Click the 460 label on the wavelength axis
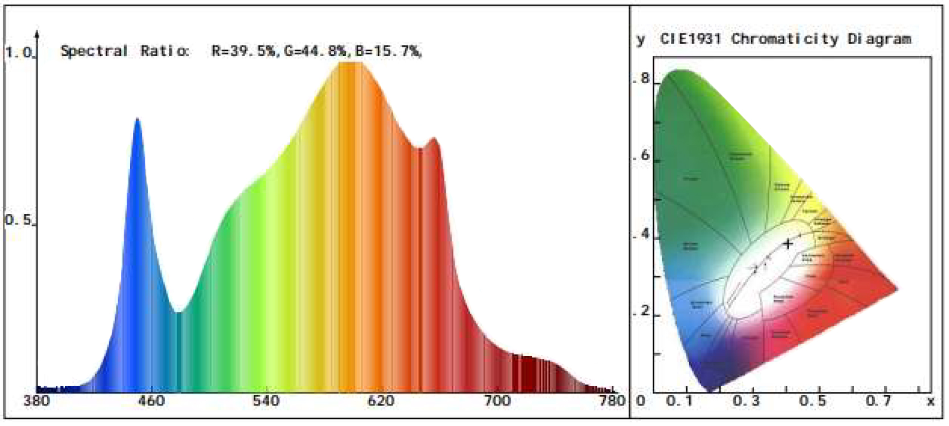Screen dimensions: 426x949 [150, 401]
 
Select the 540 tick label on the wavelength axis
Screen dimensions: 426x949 [266, 401]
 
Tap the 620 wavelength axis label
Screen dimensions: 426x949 [381, 401]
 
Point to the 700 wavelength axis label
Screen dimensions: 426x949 [496, 401]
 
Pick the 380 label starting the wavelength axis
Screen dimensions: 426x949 [36, 401]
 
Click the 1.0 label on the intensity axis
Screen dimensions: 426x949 [19, 53]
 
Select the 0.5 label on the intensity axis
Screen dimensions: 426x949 [18, 220]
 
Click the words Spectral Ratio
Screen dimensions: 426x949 [125, 51]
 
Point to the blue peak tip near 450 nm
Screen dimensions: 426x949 [137, 119]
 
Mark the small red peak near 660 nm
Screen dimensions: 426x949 [434, 139]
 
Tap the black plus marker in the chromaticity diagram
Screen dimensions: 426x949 [788, 244]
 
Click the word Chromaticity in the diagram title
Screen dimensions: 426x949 [785, 39]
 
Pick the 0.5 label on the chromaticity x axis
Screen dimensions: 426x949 [812, 401]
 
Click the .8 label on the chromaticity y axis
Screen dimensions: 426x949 [643, 79]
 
